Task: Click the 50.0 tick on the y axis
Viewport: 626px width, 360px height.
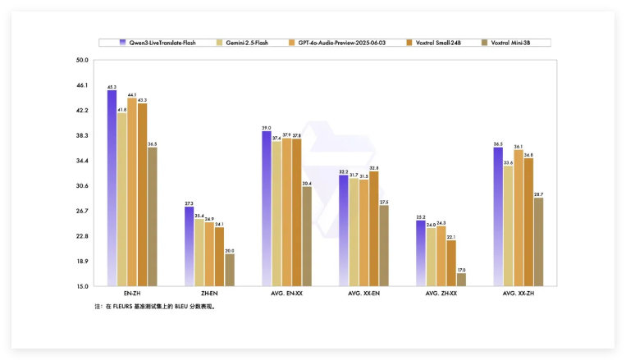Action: click(x=81, y=60)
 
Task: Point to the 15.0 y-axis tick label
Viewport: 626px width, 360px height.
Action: click(x=81, y=287)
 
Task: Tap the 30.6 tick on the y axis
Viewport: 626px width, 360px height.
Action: click(x=81, y=186)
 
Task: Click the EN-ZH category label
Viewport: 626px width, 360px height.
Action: click(x=131, y=294)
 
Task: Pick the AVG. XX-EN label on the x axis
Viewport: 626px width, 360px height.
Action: click(x=363, y=294)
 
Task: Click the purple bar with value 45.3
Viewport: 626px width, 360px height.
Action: click(x=112, y=189)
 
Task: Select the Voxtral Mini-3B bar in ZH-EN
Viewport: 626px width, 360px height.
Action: click(x=229, y=270)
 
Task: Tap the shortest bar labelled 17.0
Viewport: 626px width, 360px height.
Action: click(x=461, y=280)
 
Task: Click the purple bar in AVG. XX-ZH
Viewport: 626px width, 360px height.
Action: click(x=498, y=217)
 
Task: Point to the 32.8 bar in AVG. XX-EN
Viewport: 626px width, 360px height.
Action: click(x=374, y=229)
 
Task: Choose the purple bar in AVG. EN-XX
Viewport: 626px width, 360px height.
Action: click(x=267, y=209)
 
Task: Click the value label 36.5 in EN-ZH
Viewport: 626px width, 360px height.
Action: click(x=152, y=144)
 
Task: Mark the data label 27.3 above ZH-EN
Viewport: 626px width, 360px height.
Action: click(x=189, y=203)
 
